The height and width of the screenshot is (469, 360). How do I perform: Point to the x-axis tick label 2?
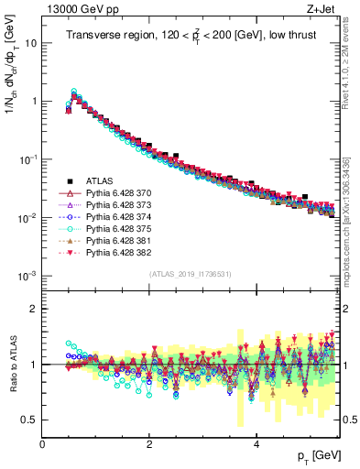(149, 443)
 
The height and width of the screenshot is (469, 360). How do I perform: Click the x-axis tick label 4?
(256, 443)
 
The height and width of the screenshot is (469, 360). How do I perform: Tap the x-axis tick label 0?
(42, 443)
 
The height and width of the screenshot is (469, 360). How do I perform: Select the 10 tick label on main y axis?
(30, 43)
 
